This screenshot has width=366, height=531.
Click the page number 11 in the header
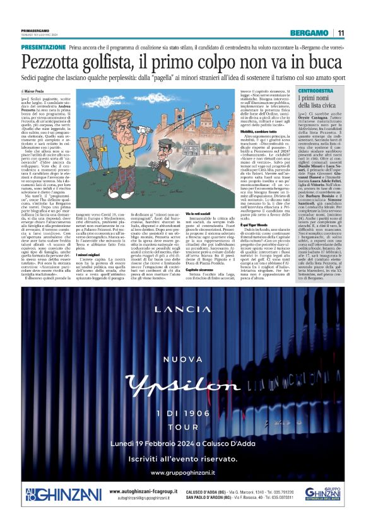coord(340,33)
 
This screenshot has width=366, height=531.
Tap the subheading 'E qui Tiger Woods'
coord(201,225)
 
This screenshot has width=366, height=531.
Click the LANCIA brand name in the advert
coord(182,309)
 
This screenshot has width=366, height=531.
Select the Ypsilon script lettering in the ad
coord(183,369)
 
